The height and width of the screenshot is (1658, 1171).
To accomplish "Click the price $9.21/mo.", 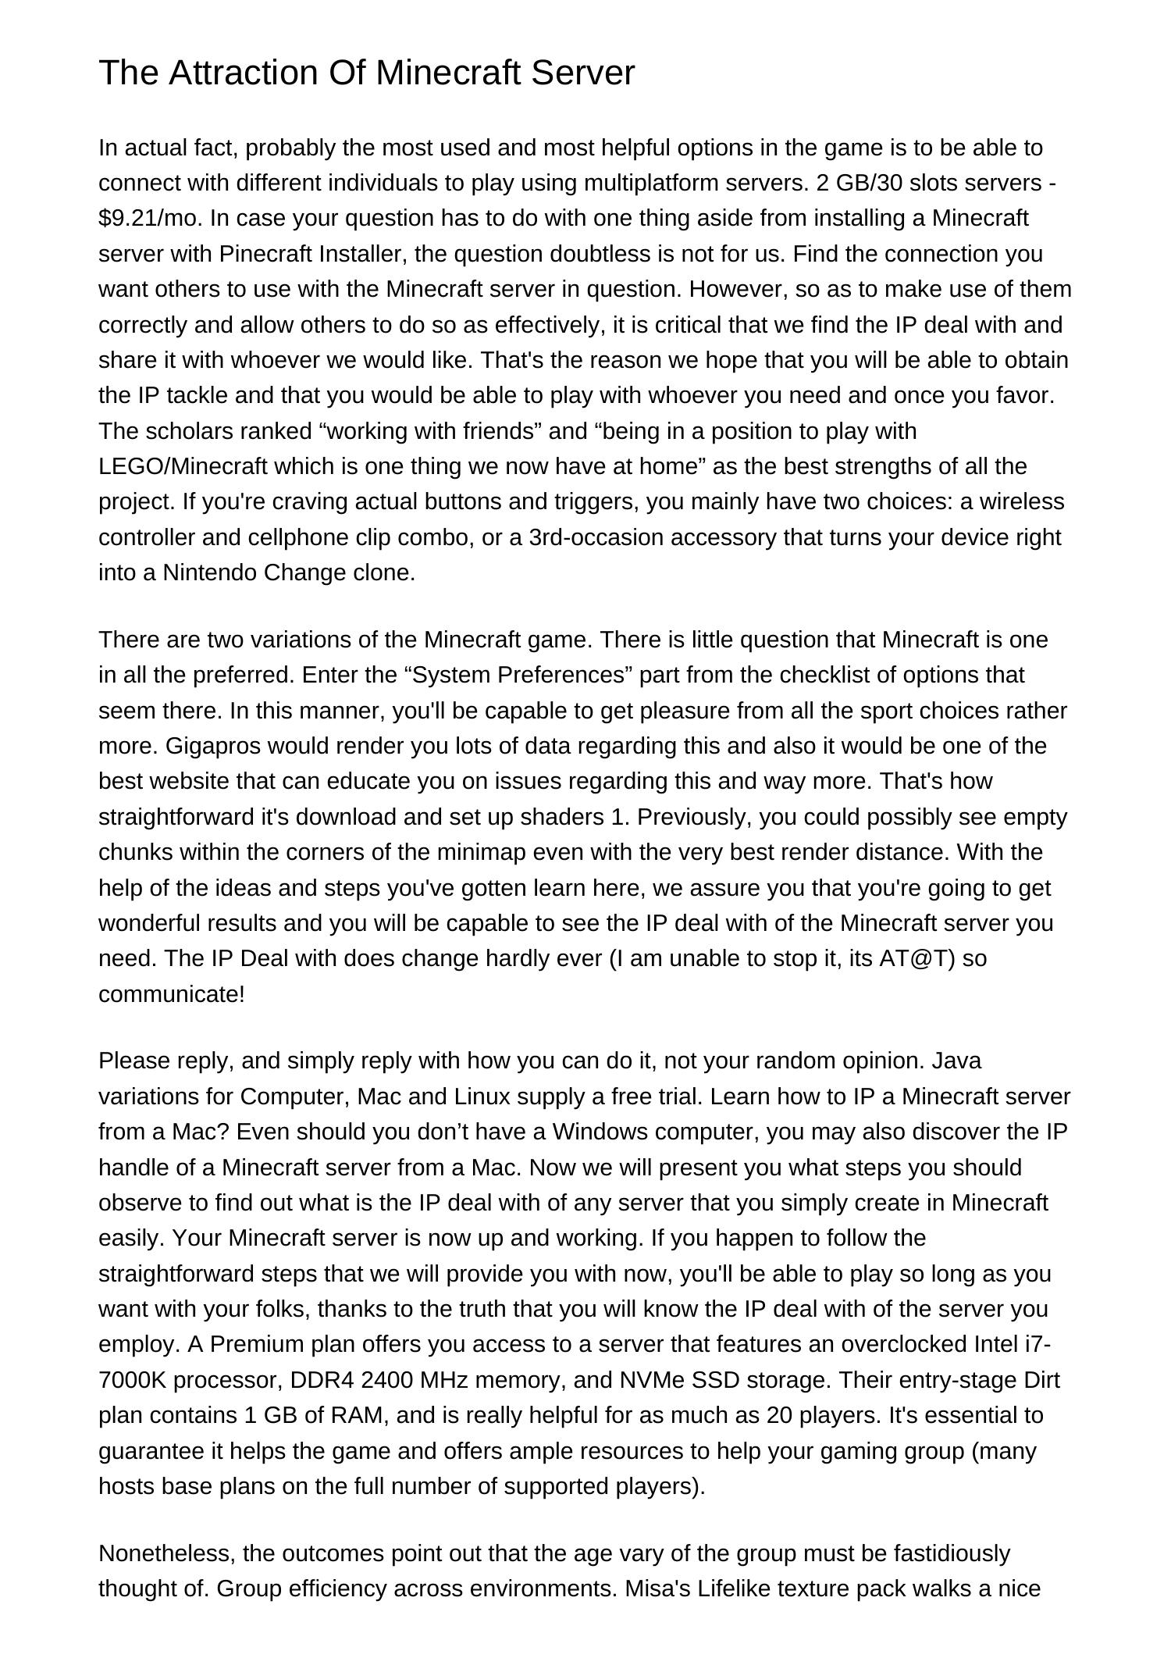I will tap(149, 218).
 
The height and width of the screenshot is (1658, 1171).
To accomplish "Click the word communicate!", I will tap(172, 994).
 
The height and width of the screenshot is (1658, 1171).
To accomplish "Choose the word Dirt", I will tap(1041, 1380).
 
